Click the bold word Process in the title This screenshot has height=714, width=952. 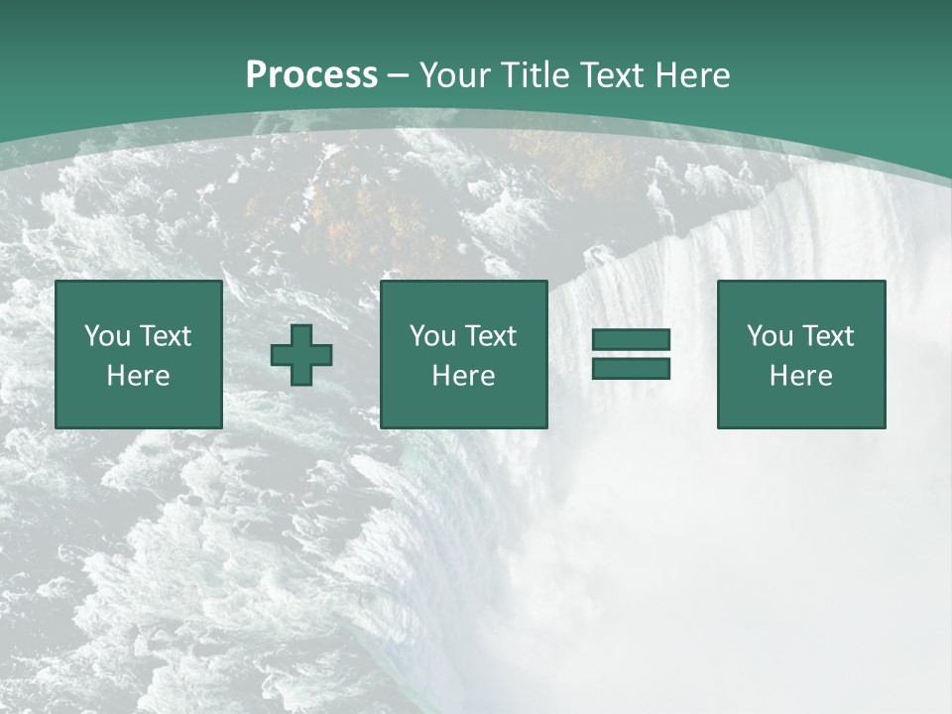(311, 75)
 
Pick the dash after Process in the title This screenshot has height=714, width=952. (398, 75)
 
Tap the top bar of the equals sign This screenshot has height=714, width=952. (631, 340)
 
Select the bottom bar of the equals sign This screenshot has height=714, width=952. (631, 368)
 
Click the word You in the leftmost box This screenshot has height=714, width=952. (107, 336)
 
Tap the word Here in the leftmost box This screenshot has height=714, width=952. (138, 376)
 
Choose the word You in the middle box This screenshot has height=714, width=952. (432, 336)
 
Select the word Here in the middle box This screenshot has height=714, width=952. (463, 376)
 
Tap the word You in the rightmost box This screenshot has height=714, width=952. (770, 336)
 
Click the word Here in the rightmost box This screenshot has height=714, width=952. (800, 376)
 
